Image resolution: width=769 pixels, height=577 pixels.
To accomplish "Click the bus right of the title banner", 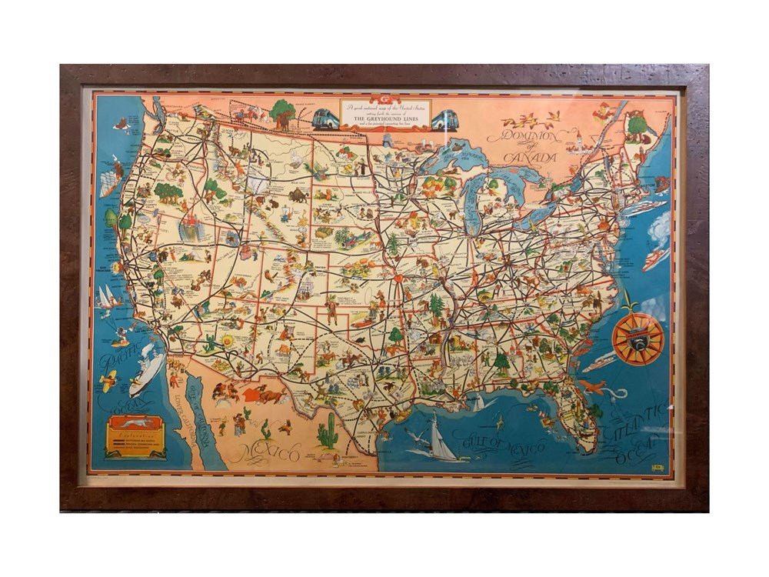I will [444, 120].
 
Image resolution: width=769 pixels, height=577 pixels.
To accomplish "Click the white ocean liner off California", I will [146, 372].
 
